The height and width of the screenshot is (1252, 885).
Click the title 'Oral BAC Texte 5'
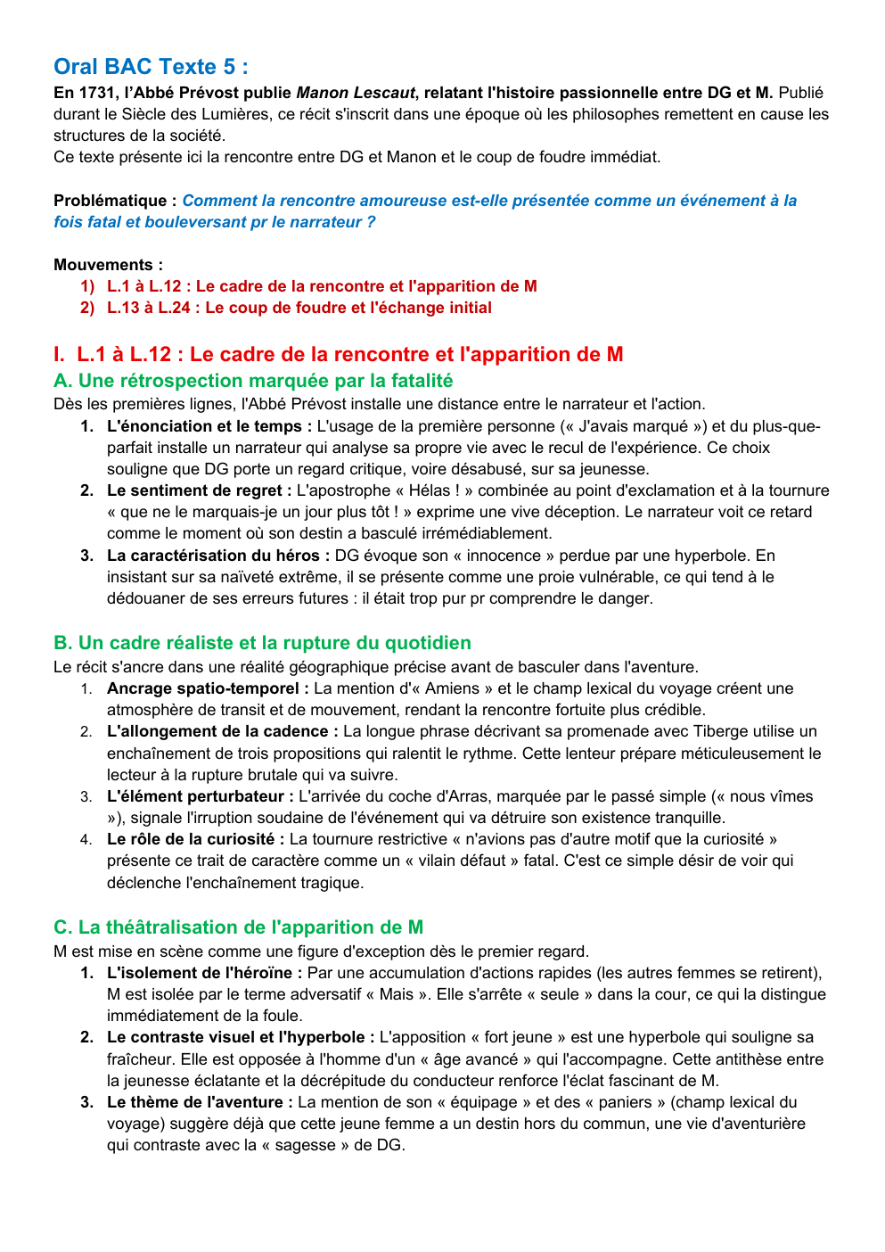(x=150, y=67)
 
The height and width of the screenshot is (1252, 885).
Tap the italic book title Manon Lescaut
(x=355, y=93)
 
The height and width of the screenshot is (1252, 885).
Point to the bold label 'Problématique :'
(x=115, y=201)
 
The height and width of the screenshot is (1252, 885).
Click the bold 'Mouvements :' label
(x=108, y=265)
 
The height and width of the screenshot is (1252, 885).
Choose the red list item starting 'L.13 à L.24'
(x=299, y=308)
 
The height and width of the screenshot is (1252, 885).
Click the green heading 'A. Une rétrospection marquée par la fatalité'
(x=253, y=381)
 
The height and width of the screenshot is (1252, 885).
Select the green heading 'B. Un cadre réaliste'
(x=262, y=643)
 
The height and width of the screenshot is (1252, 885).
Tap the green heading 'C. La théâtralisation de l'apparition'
(x=238, y=927)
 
